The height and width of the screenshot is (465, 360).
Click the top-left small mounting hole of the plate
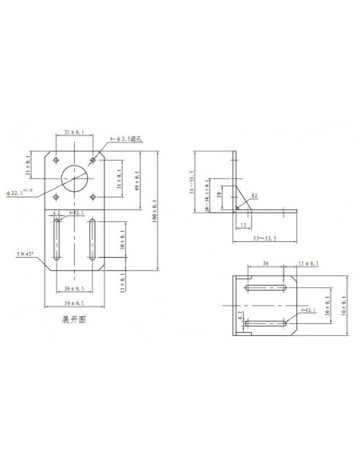click(56, 160)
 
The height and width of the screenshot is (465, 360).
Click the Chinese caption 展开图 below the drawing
click(72, 316)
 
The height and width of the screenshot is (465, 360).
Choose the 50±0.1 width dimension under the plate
click(74, 303)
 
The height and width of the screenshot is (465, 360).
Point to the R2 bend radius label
click(254, 194)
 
